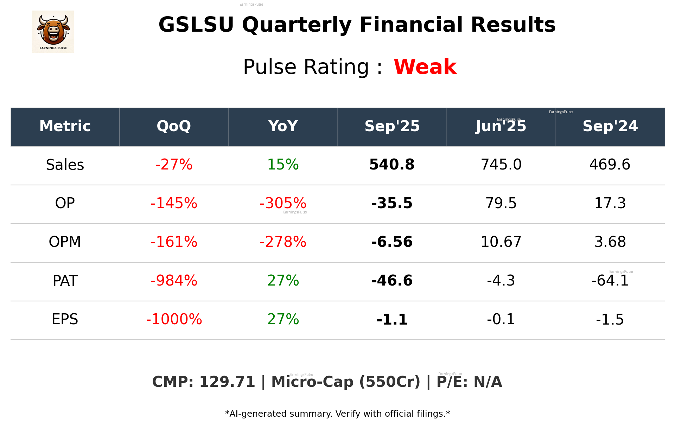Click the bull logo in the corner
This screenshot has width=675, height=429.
point(53,32)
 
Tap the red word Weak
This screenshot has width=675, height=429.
point(425,67)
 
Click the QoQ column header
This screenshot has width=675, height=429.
point(174,126)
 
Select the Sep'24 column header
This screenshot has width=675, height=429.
point(610,126)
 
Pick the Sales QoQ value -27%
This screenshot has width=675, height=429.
point(174,165)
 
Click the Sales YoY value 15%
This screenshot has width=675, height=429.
point(283,165)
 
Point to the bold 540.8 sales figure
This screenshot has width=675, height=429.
point(392,165)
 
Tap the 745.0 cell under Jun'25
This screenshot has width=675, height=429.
point(501,165)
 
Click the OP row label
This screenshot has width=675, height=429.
point(65,203)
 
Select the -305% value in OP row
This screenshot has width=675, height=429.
point(283,203)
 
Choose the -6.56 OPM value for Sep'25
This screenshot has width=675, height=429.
point(392,242)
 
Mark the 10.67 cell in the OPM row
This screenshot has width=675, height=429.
point(501,242)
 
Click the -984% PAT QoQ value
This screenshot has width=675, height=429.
point(174,281)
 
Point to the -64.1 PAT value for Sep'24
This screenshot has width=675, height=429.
point(610,281)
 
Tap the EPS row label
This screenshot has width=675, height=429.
point(65,319)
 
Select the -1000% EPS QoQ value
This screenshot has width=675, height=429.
point(174,319)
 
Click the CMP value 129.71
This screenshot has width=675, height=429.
point(227,382)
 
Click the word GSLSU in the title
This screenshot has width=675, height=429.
point(196,25)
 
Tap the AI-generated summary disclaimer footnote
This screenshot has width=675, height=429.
point(337,414)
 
